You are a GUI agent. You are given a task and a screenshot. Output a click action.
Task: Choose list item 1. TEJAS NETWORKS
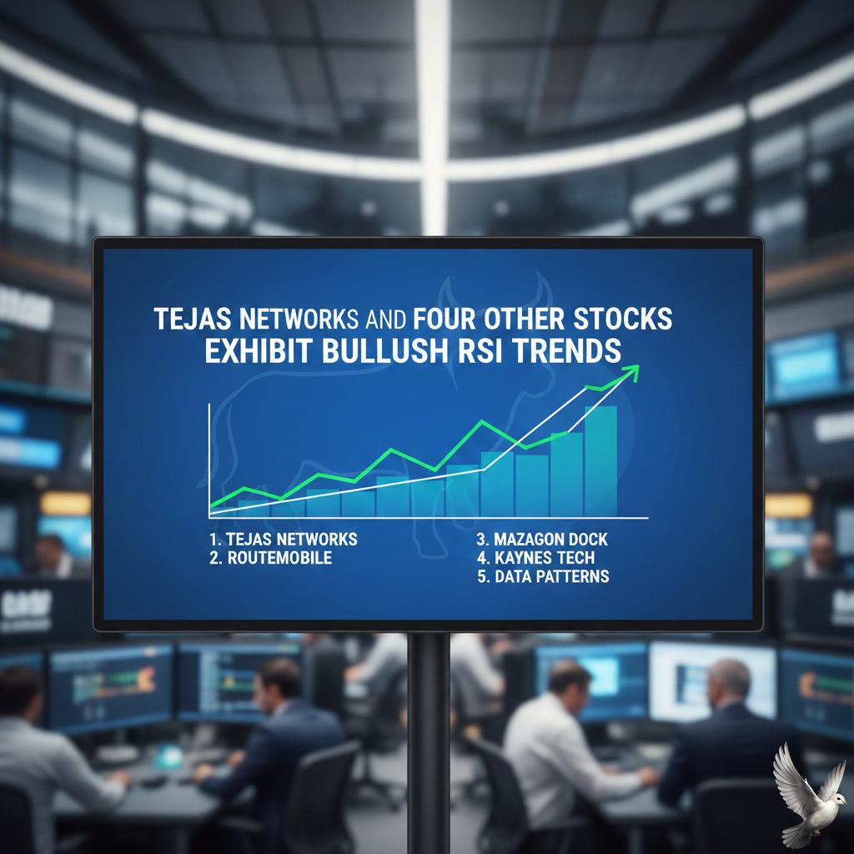[284, 539]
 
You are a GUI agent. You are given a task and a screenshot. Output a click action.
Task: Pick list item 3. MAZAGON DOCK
[543, 539]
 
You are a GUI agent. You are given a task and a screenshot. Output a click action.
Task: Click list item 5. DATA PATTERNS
[543, 576]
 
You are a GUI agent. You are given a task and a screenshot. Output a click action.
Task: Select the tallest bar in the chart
[600, 460]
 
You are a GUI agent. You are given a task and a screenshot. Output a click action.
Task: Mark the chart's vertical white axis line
[208, 459]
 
